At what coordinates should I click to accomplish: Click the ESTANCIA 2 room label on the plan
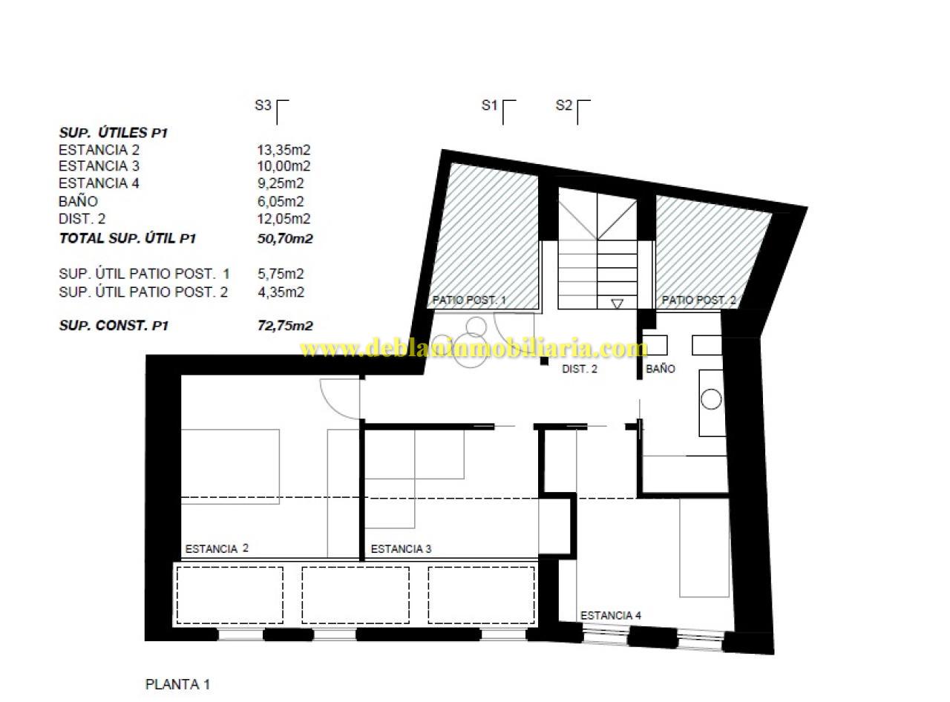pos(216,548)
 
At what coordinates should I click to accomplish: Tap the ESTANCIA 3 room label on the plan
pos(401,548)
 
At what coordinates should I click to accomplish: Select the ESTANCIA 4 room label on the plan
pos(610,615)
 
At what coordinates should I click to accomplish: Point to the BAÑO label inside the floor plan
pos(661,368)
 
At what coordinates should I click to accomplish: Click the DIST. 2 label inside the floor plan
pos(579,369)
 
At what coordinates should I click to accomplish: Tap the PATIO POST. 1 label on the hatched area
pos(469,300)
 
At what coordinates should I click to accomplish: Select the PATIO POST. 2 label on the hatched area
pos(698,300)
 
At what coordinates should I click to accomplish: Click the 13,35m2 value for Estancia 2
pos(283,150)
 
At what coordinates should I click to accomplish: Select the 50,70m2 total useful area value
pos(285,238)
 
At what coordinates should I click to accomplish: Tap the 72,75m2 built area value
pos(285,326)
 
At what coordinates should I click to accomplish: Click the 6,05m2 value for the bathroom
pos(280,201)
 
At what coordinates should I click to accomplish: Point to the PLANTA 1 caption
pos(177,684)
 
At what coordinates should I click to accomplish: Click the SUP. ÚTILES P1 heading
pos(113,133)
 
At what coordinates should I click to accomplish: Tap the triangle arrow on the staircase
pos(617,304)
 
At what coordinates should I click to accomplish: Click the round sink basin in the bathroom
pos(711,399)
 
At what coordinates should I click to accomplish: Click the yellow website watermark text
pos(474,349)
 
